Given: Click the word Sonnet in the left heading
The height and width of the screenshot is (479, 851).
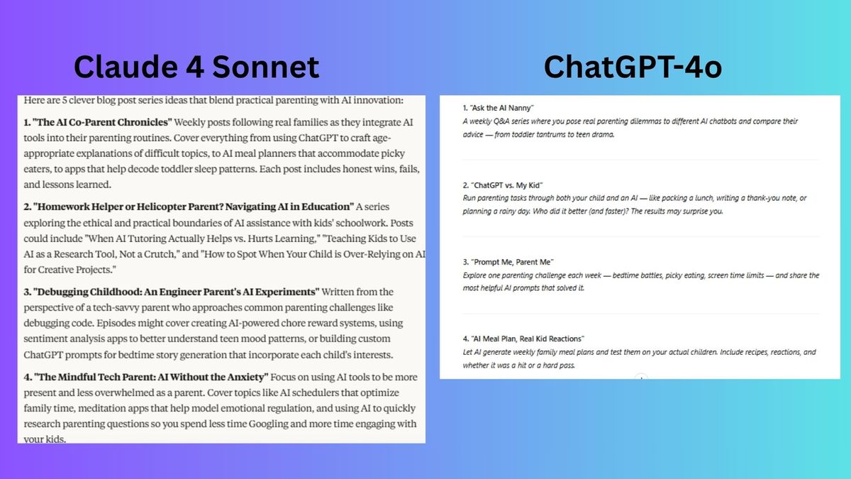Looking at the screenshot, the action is point(265,67).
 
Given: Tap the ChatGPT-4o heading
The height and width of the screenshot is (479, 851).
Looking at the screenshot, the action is point(633,67).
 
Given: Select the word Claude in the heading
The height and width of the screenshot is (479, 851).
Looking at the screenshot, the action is point(126,67).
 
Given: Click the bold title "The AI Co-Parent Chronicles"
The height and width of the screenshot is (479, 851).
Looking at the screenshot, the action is point(102,122).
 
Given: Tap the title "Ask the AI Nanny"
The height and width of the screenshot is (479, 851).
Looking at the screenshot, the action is point(501,108).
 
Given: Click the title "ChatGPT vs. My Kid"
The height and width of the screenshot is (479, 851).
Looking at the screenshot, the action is point(506,185).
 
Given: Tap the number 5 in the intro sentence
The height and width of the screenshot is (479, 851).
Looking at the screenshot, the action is point(65,100).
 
